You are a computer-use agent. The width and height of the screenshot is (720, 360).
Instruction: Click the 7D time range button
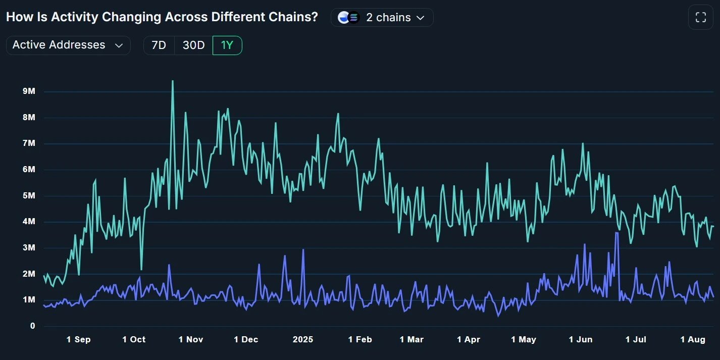[159, 45]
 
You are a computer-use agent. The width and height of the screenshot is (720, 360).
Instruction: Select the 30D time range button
[193, 45]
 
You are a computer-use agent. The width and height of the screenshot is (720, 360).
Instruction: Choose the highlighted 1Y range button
[227, 45]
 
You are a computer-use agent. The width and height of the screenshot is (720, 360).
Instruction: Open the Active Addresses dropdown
[68, 45]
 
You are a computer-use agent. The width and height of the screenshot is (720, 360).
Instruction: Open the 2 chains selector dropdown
[382, 18]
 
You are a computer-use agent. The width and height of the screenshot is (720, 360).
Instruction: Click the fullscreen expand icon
[700, 18]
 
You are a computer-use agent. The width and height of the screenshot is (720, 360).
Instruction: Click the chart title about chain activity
[162, 17]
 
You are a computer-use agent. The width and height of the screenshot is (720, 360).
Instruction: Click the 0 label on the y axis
[32, 326]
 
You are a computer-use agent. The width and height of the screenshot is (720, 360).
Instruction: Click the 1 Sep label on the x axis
[78, 340]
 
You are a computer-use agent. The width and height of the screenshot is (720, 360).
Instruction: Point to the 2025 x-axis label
[303, 340]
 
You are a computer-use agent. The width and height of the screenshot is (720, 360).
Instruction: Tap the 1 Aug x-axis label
[693, 340]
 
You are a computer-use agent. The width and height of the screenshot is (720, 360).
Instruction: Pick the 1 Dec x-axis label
[246, 340]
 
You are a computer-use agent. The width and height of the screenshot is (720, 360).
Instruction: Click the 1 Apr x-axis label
[469, 340]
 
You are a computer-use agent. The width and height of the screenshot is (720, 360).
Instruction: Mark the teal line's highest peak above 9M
[173, 81]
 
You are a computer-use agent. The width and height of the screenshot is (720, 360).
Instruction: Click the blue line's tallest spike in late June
[616, 233]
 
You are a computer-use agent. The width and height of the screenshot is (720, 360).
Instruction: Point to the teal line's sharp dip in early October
[141, 269]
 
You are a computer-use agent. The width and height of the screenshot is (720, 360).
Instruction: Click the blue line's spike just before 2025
[303, 249]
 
